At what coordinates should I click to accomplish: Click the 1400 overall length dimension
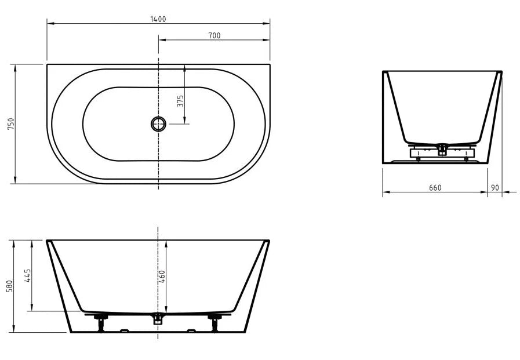158,19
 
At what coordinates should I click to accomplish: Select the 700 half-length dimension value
214,35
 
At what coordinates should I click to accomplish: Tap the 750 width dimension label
10,124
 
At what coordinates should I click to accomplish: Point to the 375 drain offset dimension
180,102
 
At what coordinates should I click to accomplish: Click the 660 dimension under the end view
435,187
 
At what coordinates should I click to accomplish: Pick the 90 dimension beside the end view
494,187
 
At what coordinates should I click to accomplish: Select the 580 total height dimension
9,286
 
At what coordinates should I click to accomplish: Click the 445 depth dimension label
26,276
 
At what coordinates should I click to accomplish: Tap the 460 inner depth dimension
162,277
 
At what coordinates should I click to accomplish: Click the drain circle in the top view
158,123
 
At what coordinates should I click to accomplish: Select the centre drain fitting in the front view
158,318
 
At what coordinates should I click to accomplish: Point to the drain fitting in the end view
442,149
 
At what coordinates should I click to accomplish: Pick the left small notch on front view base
124,331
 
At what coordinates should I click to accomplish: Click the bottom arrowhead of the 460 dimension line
167,310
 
